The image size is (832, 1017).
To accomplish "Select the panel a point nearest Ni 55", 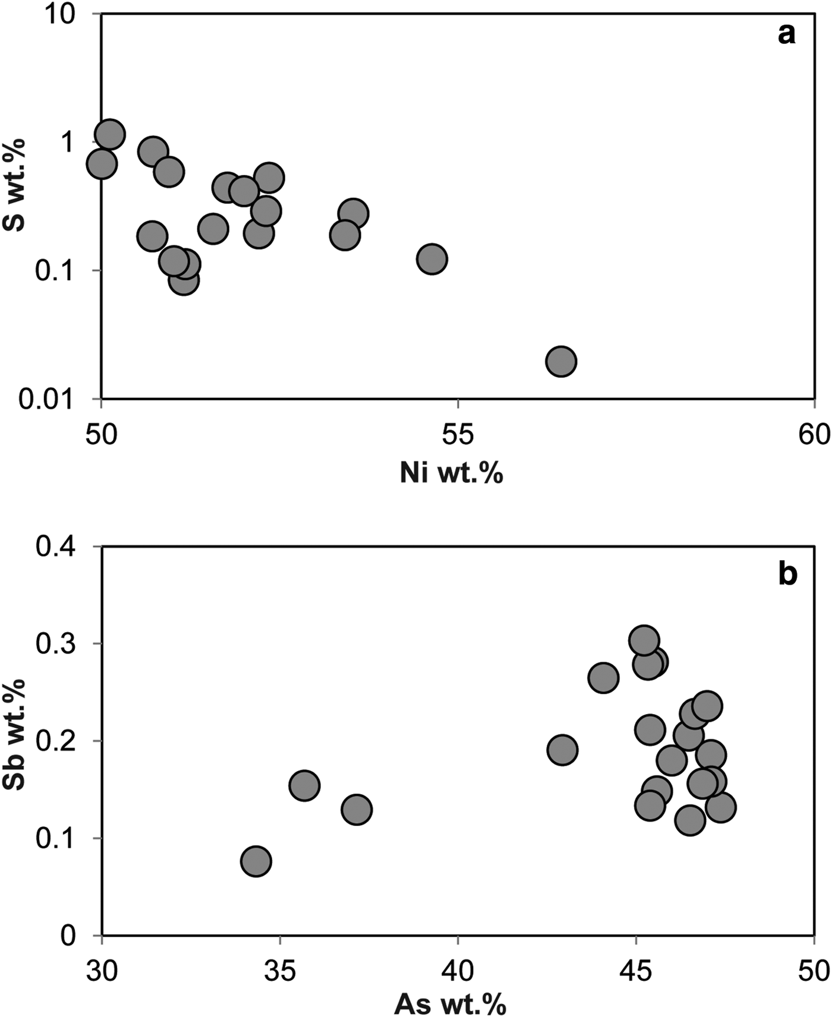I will [431, 259].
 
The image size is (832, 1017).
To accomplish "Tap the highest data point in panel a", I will [110, 134].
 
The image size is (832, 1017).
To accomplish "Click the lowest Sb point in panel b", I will [256, 861].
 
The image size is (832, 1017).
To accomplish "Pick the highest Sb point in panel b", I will [644, 640].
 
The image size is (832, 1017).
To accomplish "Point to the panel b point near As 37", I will [357, 809].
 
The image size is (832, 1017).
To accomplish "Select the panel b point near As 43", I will [562, 750].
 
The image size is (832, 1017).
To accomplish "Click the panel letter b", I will [787, 574].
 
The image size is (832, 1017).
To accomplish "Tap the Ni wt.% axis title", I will [451, 474].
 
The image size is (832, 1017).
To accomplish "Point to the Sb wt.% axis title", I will [14, 735].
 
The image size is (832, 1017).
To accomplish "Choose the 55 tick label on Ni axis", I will [458, 435].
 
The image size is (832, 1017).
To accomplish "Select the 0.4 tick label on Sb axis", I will [56, 546].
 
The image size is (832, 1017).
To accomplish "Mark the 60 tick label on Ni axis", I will [813, 435].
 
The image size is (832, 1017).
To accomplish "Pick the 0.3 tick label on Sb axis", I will [56, 644].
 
